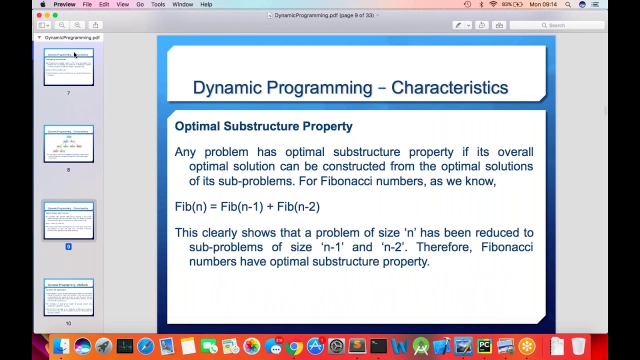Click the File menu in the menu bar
(x=87, y=4)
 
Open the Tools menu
(x=158, y=4)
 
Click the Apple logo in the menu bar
(x=43, y=4)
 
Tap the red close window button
(x=39, y=15)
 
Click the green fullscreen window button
(x=55, y=15)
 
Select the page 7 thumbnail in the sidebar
(x=68, y=67)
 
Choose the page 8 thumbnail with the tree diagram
(x=68, y=144)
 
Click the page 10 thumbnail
(x=68, y=297)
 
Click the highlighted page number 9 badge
(x=68, y=246)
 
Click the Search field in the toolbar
(x=557, y=25)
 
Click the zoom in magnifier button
(x=77, y=25)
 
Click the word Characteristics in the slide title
(x=449, y=87)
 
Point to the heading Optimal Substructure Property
(x=263, y=126)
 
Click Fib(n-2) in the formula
(x=298, y=206)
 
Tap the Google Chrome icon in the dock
(x=294, y=346)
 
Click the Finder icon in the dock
(x=61, y=346)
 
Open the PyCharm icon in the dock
(x=484, y=346)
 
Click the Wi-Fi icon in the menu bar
(x=493, y=4)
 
